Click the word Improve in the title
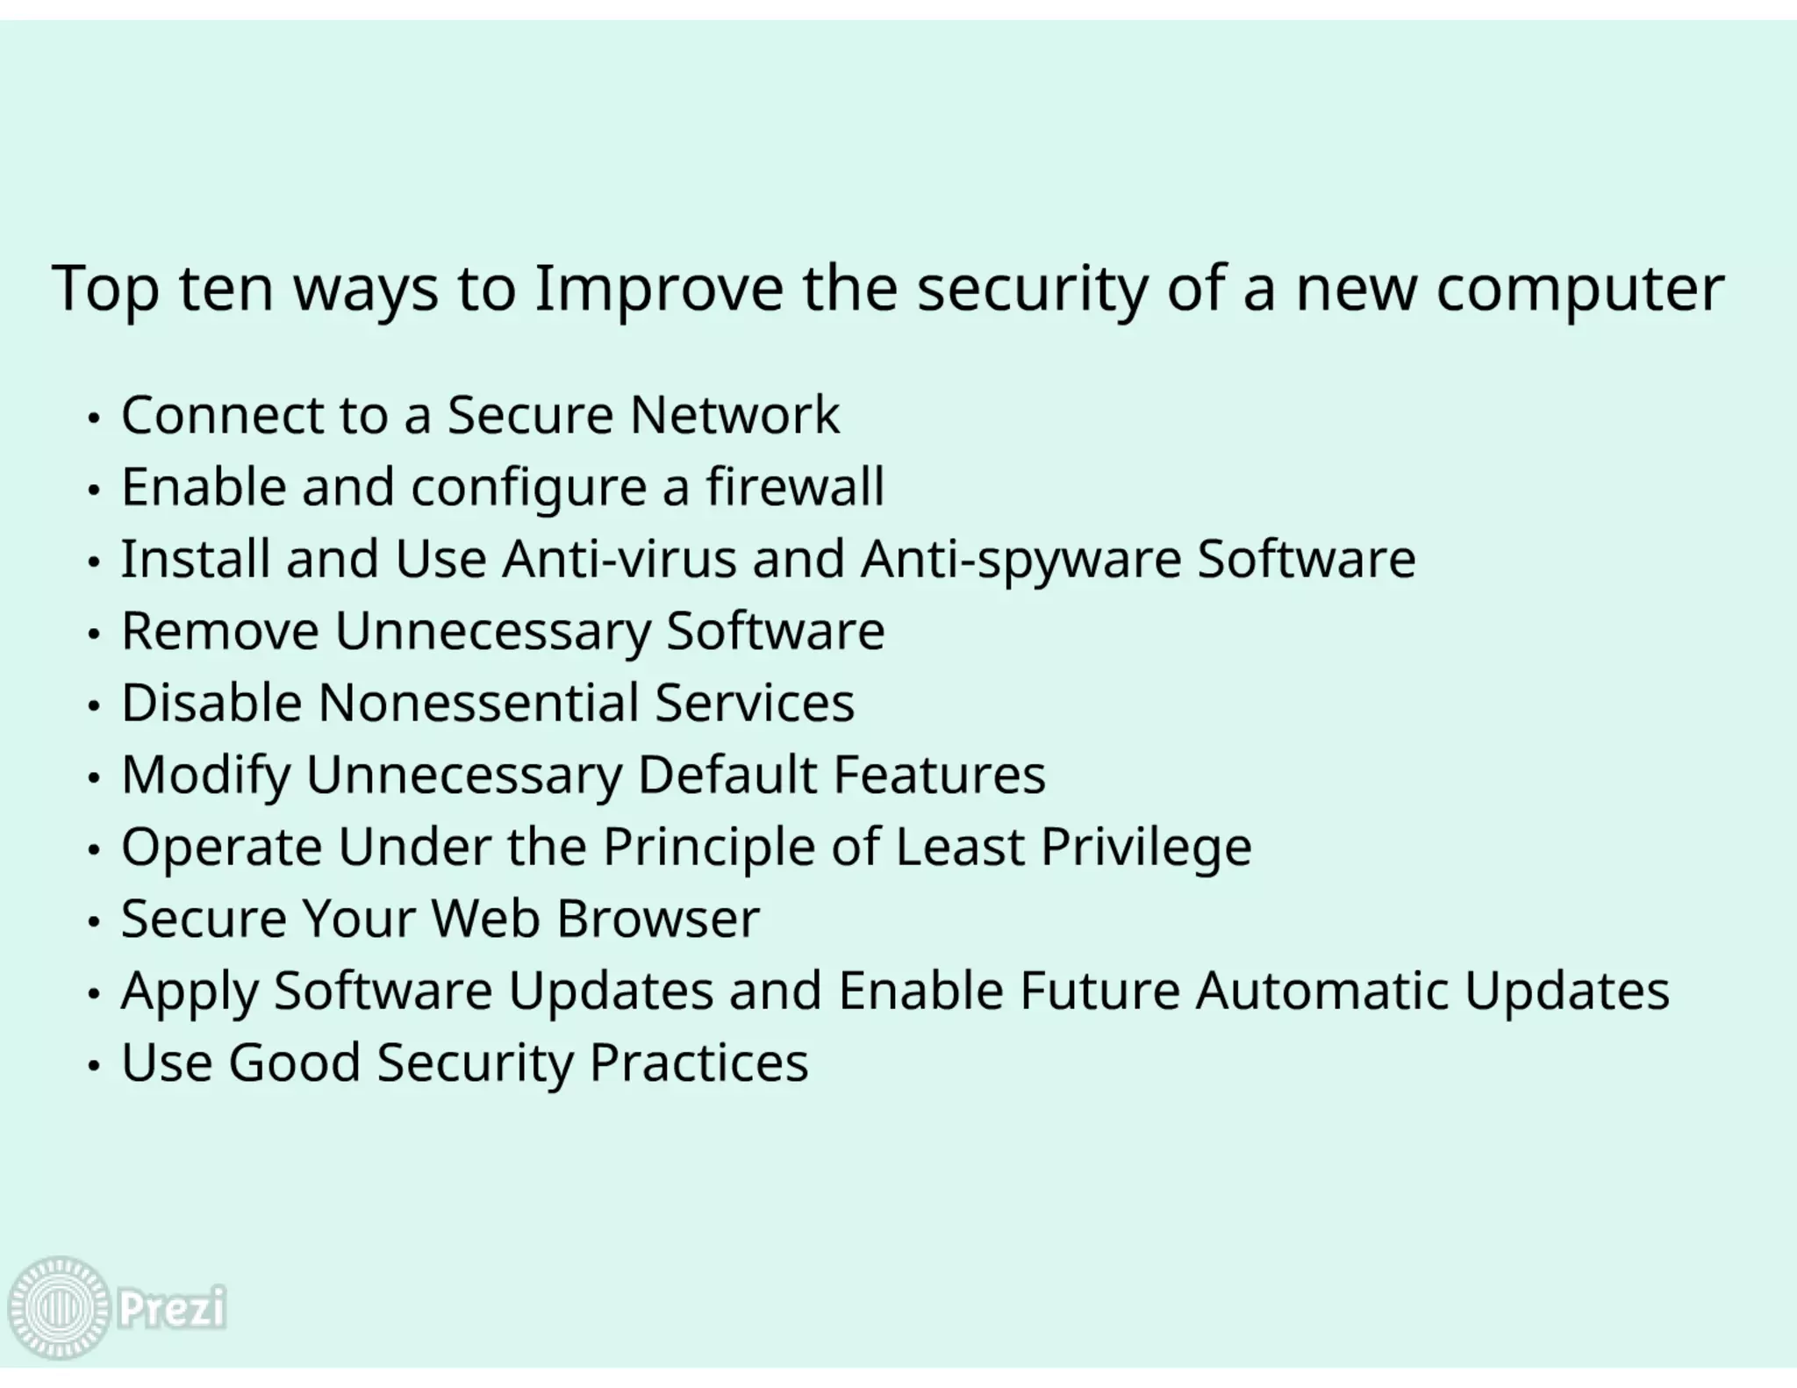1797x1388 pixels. coord(658,290)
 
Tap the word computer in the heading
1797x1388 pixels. coord(1579,290)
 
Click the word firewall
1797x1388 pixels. coord(795,487)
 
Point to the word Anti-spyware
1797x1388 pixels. coord(1020,560)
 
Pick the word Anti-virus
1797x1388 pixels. coord(619,559)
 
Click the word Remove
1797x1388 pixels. coord(219,631)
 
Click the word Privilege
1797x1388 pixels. coord(1146,848)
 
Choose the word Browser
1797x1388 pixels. coord(657,919)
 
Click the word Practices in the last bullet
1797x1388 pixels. coord(698,1062)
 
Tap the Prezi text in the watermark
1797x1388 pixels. coord(172,1308)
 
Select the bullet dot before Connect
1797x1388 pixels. coord(94,419)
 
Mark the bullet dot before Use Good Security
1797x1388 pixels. coord(94,1066)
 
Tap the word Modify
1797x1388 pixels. coord(205,776)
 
